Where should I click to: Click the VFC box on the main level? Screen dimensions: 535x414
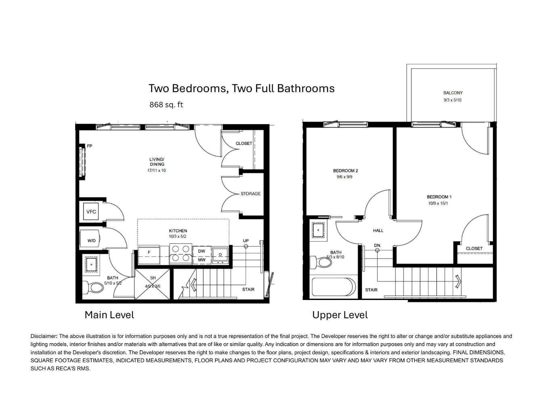[91, 211]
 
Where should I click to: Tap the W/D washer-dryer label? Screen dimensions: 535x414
[91, 241]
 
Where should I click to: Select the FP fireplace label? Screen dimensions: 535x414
[89, 146]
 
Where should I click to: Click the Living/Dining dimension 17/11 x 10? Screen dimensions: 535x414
[156, 170]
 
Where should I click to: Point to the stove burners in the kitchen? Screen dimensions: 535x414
[180, 253]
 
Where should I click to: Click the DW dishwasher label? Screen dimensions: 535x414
[201, 251]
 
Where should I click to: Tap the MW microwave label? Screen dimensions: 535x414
[201, 260]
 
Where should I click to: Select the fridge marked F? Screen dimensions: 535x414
[149, 255]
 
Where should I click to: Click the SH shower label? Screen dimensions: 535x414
[153, 278]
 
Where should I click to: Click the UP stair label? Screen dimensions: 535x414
[246, 241]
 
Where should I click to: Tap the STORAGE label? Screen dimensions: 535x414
[250, 194]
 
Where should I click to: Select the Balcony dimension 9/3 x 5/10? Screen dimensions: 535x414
[453, 100]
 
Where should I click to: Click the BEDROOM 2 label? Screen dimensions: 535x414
[345, 171]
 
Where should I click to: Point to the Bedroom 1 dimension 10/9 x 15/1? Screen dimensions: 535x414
[438, 203]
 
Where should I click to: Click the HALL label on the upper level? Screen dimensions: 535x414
[378, 230]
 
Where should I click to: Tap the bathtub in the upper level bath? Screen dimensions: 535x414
[334, 287]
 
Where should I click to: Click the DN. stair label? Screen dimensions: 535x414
[378, 245]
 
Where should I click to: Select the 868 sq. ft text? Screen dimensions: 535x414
[166, 105]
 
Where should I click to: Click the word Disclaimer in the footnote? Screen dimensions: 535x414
[44, 336]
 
